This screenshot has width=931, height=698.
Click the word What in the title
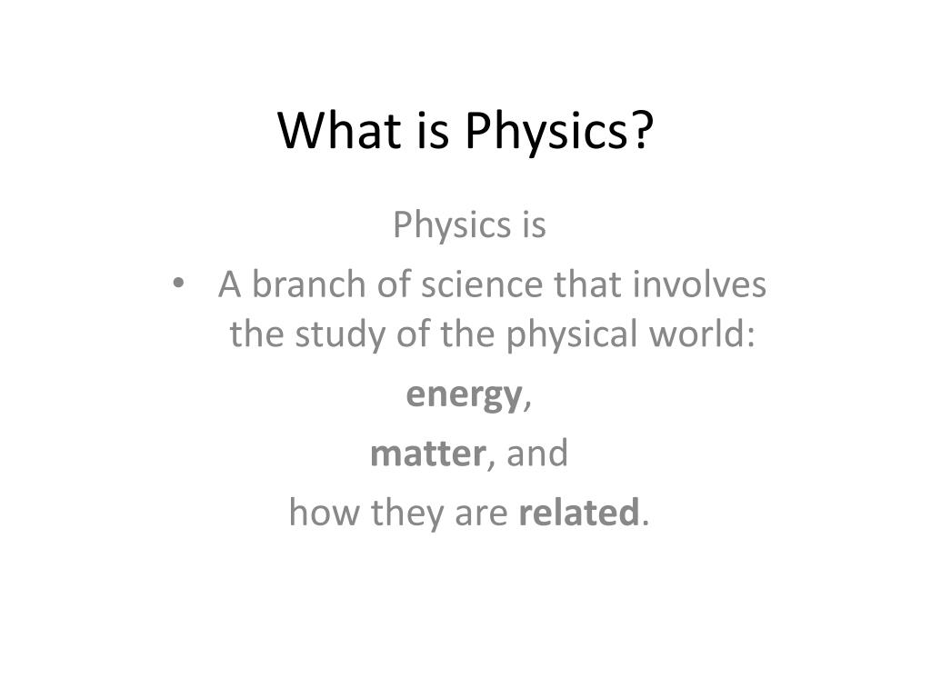tap(338, 130)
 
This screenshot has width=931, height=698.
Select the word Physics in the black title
tap(546, 134)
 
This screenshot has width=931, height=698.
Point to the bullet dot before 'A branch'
tap(178, 284)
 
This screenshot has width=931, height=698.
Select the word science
tap(482, 284)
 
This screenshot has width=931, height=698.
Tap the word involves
tap(699, 284)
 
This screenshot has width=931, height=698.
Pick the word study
tap(340, 335)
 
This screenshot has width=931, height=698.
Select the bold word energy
tap(463, 396)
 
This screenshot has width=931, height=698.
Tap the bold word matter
tap(427, 454)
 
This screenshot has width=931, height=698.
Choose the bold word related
tap(579, 513)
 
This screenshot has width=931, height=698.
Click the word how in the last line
tap(324, 513)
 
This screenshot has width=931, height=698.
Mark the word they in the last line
tap(406, 514)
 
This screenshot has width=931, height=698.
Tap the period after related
tap(646, 523)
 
